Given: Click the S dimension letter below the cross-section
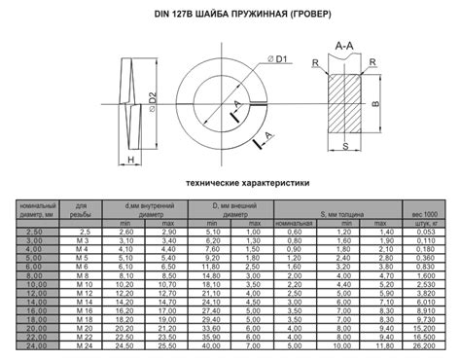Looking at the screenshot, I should pos(345,148).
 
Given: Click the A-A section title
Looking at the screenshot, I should pos(344,47).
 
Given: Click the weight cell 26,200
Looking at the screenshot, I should pos(424,346).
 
